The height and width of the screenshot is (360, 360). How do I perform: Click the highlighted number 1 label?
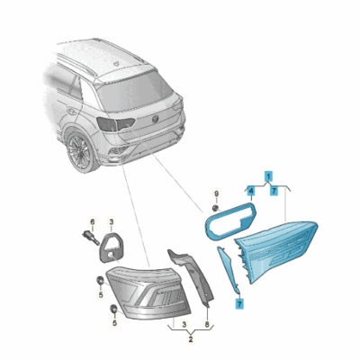[x=268, y=175]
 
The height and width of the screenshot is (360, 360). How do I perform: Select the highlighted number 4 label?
[x=251, y=190]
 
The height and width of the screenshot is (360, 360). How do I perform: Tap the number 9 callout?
[x=216, y=193]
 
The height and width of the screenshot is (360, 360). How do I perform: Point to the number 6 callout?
[x=93, y=222]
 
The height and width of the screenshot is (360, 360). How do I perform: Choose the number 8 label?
[x=207, y=324]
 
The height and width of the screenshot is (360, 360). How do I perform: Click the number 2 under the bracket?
[x=191, y=339]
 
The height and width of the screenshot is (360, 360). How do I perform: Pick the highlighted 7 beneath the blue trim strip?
[x=239, y=304]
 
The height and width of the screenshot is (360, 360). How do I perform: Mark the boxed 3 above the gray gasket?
[x=112, y=222]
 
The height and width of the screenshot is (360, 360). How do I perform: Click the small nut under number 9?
[x=214, y=208]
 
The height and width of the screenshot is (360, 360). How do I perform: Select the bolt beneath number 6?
[x=90, y=238]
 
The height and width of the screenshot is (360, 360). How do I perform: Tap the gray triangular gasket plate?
[x=112, y=247]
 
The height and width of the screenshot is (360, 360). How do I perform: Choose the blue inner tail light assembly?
[x=276, y=250]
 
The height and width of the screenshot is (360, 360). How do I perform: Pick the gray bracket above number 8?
[x=192, y=274]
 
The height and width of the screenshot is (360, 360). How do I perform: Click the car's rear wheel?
[x=80, y=152]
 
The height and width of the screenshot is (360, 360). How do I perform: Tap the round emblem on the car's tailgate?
[x=156, y=120]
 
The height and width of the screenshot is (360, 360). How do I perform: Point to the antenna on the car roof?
[x=116, y=63]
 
